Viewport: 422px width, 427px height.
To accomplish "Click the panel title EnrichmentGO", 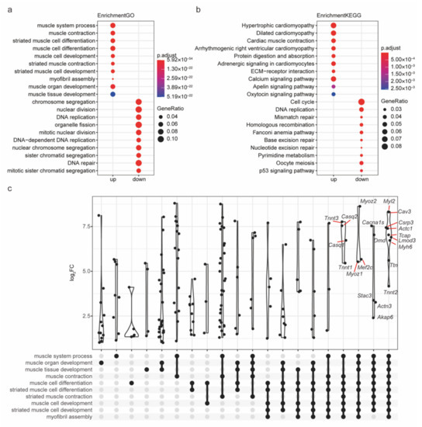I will (126, 15).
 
